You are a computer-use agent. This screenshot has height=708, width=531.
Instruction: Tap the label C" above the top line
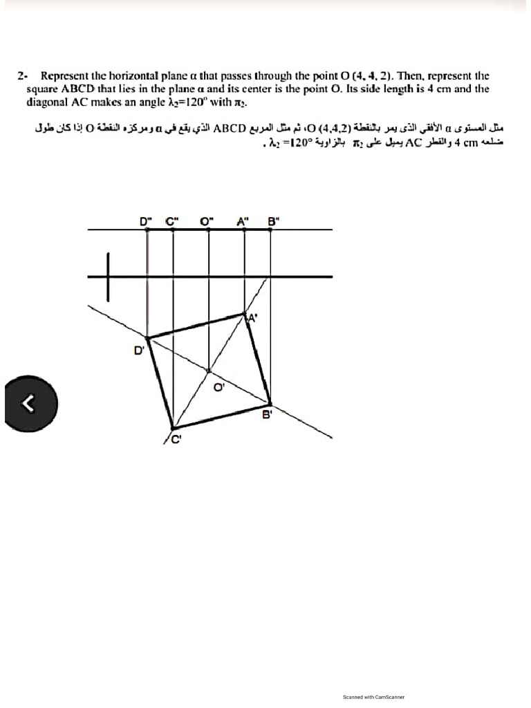[171, 222]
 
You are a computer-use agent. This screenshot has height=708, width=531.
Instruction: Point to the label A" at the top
[242, 222]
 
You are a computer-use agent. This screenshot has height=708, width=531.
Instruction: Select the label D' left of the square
[138, 350]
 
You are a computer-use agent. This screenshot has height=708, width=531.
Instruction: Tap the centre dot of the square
[209, 371]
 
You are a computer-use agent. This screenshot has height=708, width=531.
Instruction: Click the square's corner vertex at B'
[270, 403]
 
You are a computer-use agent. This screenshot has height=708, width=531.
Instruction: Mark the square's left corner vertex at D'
[149, 338]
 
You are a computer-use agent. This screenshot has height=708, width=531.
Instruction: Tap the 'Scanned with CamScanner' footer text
[373, 697]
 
